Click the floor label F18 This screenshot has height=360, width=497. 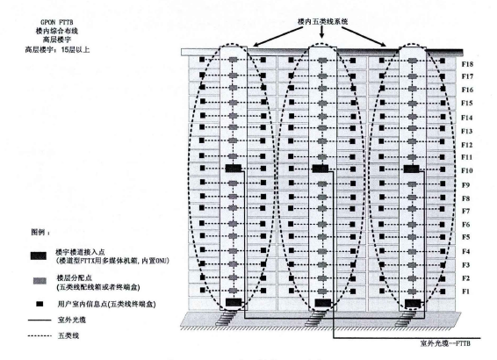point(467,64)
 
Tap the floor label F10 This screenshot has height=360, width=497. point(467,171)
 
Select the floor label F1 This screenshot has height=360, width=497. point(465,292)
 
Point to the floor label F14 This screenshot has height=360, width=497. point(466,118)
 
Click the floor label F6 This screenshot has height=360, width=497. point(465,225)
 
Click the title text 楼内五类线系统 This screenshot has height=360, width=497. point(322,21)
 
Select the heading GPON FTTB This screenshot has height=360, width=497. point(57,22)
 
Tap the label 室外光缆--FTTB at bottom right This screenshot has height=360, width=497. point(445,343)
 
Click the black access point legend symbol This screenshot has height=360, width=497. point(39,256)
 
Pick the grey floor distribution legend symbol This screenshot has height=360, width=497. point(40,281)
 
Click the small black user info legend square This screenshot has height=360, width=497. point(40,304)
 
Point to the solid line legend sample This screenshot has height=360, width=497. point(40,320)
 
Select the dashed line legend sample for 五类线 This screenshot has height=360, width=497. point(40,335)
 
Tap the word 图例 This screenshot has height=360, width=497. point(38,232)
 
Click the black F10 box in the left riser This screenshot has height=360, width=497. point(234,169)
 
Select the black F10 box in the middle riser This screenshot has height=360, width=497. point(321,169)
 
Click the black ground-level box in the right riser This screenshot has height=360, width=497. point(413,303)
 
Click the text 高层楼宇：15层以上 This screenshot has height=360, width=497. point(57,49)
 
